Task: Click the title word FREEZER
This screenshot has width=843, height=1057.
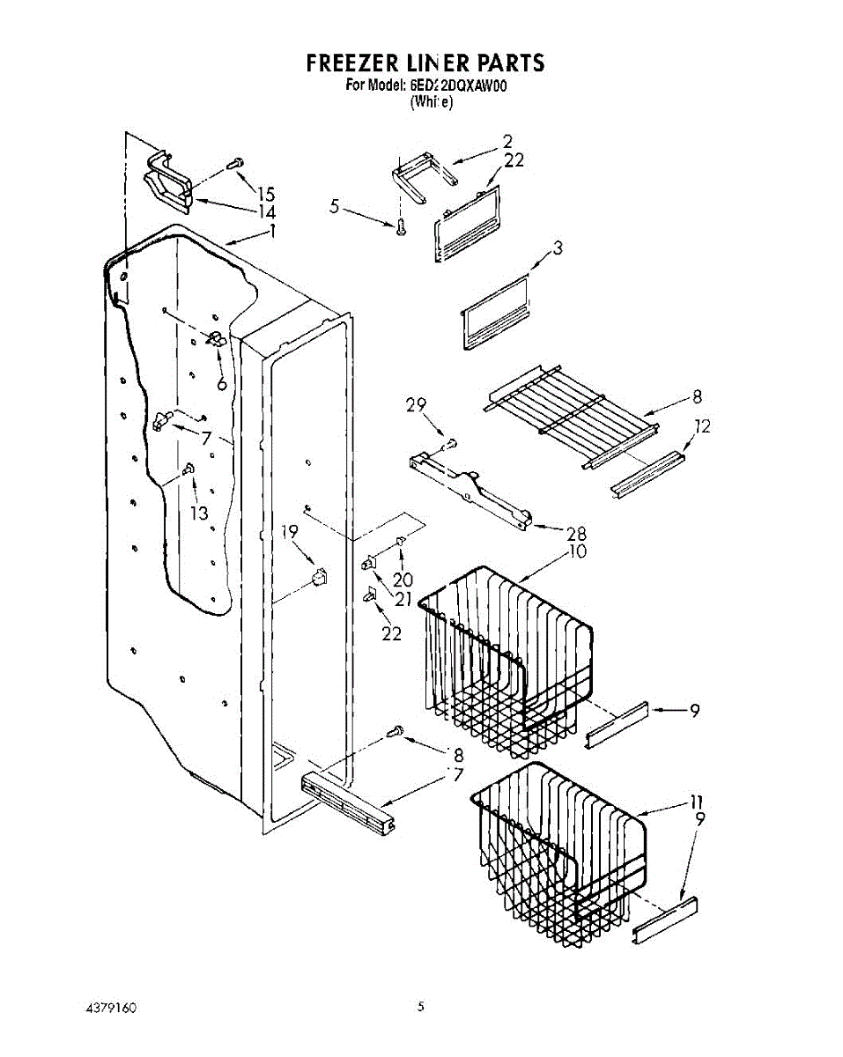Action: point(348,63)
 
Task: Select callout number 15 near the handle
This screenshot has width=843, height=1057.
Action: point(265,195)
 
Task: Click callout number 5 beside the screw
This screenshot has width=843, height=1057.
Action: point(334,207)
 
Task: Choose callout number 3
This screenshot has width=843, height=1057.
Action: point(557,248)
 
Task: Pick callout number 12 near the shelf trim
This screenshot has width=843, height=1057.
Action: point(701,426)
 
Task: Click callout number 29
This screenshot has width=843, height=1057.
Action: point(416,405)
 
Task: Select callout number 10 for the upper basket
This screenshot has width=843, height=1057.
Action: point(577,551)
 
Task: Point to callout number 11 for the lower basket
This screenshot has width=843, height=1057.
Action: point(697,802)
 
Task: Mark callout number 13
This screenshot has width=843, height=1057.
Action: point(200,514)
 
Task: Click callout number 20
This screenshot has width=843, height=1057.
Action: point(403,580)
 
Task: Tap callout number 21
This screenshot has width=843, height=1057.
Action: point(403,599)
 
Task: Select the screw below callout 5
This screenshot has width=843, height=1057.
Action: point(401,226)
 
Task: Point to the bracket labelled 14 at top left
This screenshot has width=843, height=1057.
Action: point(169,183)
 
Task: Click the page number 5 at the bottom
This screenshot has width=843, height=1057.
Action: point(421,1006)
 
